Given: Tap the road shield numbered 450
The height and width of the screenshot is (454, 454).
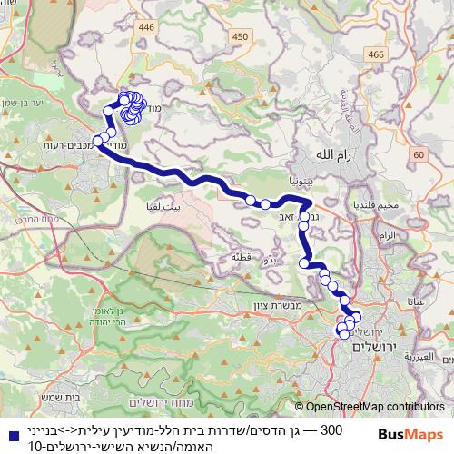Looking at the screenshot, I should coord(240,35).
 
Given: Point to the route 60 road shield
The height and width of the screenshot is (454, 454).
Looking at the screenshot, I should coord(418,155).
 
